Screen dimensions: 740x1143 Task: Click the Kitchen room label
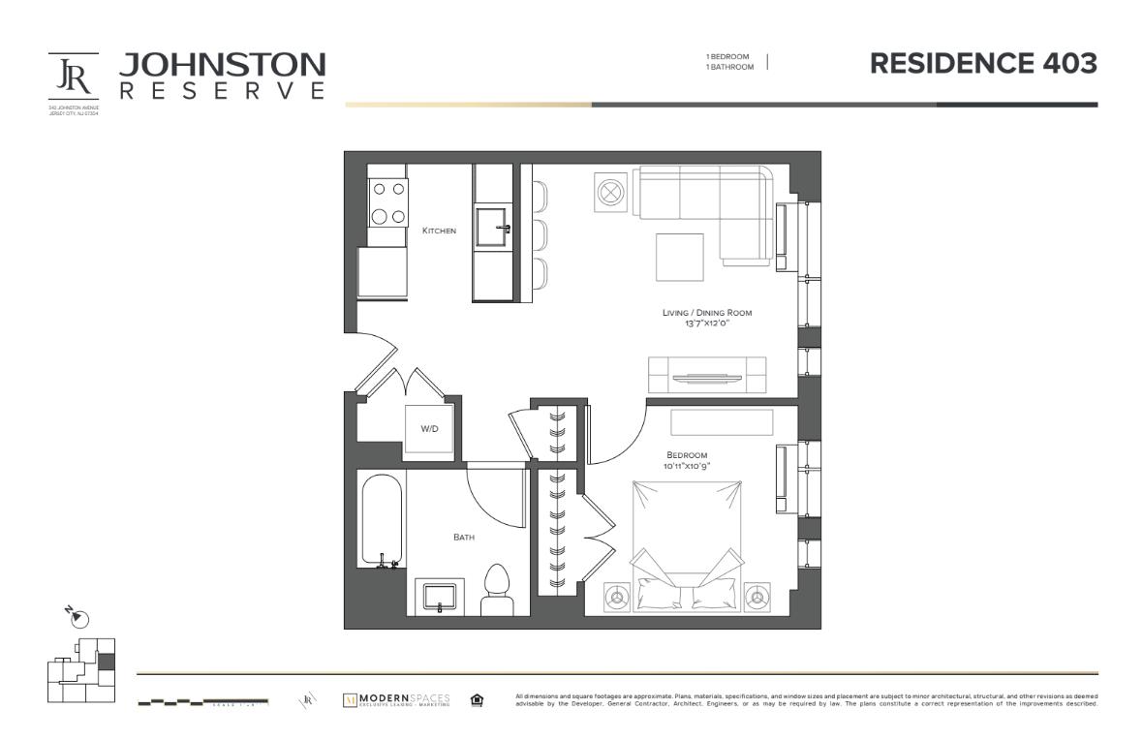coord(439,231)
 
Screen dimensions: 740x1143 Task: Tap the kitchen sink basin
coord(491,230)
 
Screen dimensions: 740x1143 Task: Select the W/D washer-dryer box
coord(428,428)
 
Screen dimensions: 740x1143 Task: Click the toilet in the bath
coord(497,590)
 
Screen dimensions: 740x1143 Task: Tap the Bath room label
coord(464,536)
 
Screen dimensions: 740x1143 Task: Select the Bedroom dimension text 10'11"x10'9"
coord(686,466)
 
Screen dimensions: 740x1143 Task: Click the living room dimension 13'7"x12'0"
coord(706,323)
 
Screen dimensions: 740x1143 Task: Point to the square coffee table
coord(681,257)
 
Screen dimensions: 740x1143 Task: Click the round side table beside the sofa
coord(610,191)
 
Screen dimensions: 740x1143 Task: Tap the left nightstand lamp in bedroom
coord(614,596)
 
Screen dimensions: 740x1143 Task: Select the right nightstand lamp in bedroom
coord(757,595)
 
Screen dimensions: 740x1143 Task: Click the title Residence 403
coord(983,64)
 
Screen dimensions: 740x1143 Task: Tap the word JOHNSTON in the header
coord(222,65)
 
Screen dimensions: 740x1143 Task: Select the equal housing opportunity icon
coord(477,699)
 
